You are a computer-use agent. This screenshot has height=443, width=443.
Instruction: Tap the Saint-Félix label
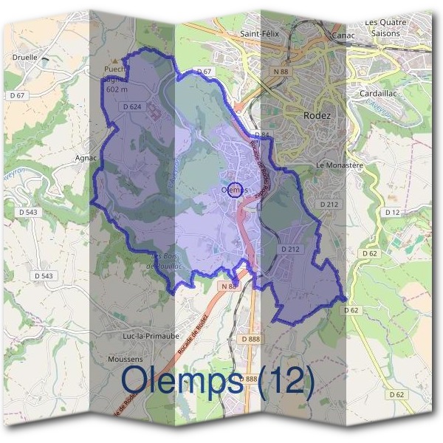(x=258, y=34)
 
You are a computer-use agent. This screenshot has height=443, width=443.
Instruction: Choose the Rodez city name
(x=317, y=116)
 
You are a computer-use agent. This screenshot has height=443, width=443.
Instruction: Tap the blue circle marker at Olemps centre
(x=236, y=190)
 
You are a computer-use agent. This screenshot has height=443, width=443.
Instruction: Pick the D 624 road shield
(x=131, y=107)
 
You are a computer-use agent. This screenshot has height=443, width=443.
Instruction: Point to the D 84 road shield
(x=261, y=134)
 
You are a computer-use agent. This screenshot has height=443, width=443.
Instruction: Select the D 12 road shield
(x=391, y=212)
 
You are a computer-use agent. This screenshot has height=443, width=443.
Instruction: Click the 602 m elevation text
(x=117, y=89)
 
